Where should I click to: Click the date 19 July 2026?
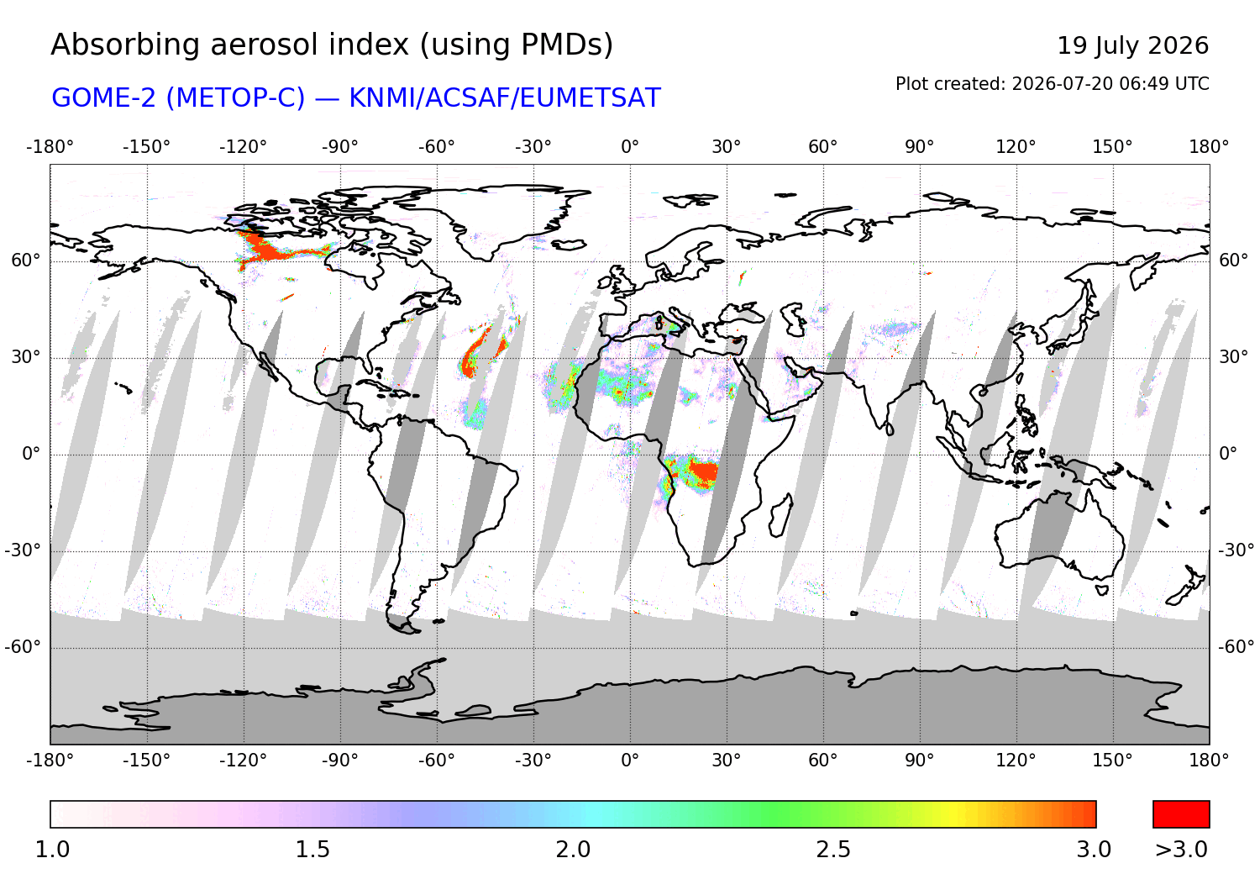click(x=1132, y=45)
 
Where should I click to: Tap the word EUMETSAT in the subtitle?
click(x=590, y=98)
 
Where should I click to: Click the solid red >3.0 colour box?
click(x=1181, y=814)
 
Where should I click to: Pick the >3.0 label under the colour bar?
click(x=1181, y=850)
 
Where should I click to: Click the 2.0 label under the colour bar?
click(x=573, y=850)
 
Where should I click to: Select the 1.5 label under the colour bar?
click(x=312, y=850)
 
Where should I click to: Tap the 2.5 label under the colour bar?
click(x=833, y=850)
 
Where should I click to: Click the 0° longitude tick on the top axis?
click(x=630, y=147)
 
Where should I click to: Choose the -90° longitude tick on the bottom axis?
click(x=339, y=761)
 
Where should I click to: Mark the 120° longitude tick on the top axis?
click(x=1016, y=147)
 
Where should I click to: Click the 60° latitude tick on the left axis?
click(x=26, y=261)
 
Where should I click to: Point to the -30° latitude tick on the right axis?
click(x=1236, y=550)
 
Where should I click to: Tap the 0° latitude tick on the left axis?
click(x=31, y=454)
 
